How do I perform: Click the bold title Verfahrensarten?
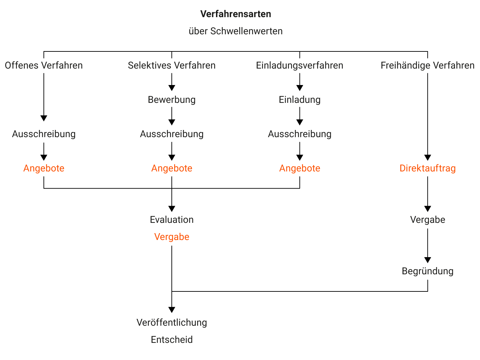coord(236,14)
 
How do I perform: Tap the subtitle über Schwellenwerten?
coord(236,31)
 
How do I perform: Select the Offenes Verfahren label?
coord(44,65)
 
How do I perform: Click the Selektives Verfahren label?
coord(172,65)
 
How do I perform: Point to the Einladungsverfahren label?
coord(300,65)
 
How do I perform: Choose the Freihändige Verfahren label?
coord(428,65)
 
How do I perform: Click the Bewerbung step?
coord(172,100)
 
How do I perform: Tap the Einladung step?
coord(300,100)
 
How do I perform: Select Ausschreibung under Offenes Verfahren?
coord(44,134)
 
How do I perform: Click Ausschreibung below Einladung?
coord(300,134)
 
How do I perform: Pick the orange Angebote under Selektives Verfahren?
coord(172,168)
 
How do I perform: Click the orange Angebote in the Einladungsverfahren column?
coord(300,168)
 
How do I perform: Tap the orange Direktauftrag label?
coord(428,168)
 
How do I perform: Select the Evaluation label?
coord(172,220)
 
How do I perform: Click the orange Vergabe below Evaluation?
coord(172,237)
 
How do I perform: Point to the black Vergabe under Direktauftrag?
coord(428,220)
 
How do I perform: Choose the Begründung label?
coord(428,271)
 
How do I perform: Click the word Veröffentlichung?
coord(172,322)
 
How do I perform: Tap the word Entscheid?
coord(172,340)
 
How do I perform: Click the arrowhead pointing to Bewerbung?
coord(172,88)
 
